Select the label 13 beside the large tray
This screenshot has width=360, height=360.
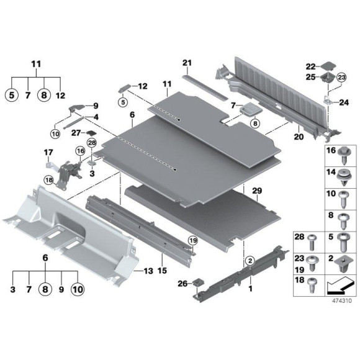(148, 271)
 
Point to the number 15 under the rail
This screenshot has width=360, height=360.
(163, 271)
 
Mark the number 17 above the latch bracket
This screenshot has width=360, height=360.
(47, 152)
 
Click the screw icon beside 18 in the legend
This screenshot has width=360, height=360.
(313, 284)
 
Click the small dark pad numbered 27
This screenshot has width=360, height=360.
(91, 133)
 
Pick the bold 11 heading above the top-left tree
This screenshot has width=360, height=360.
(35, 64)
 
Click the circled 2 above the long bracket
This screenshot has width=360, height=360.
(250, 261)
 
